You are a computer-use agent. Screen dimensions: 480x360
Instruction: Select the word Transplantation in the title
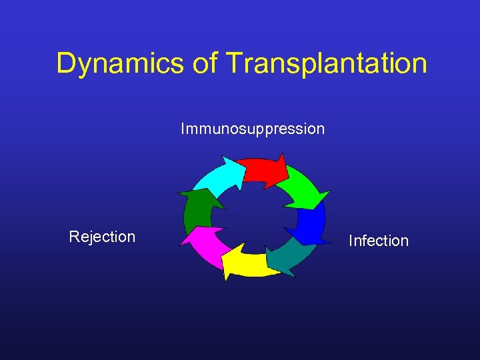point(327,64)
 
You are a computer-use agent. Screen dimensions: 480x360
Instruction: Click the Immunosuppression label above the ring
point(253,129)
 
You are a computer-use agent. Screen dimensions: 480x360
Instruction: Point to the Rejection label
point(102,237)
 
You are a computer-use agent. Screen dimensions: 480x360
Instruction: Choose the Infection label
point(379,241)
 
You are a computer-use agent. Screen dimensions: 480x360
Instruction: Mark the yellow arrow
point(250,265)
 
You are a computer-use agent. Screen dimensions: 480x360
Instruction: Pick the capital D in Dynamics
point(66,64)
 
